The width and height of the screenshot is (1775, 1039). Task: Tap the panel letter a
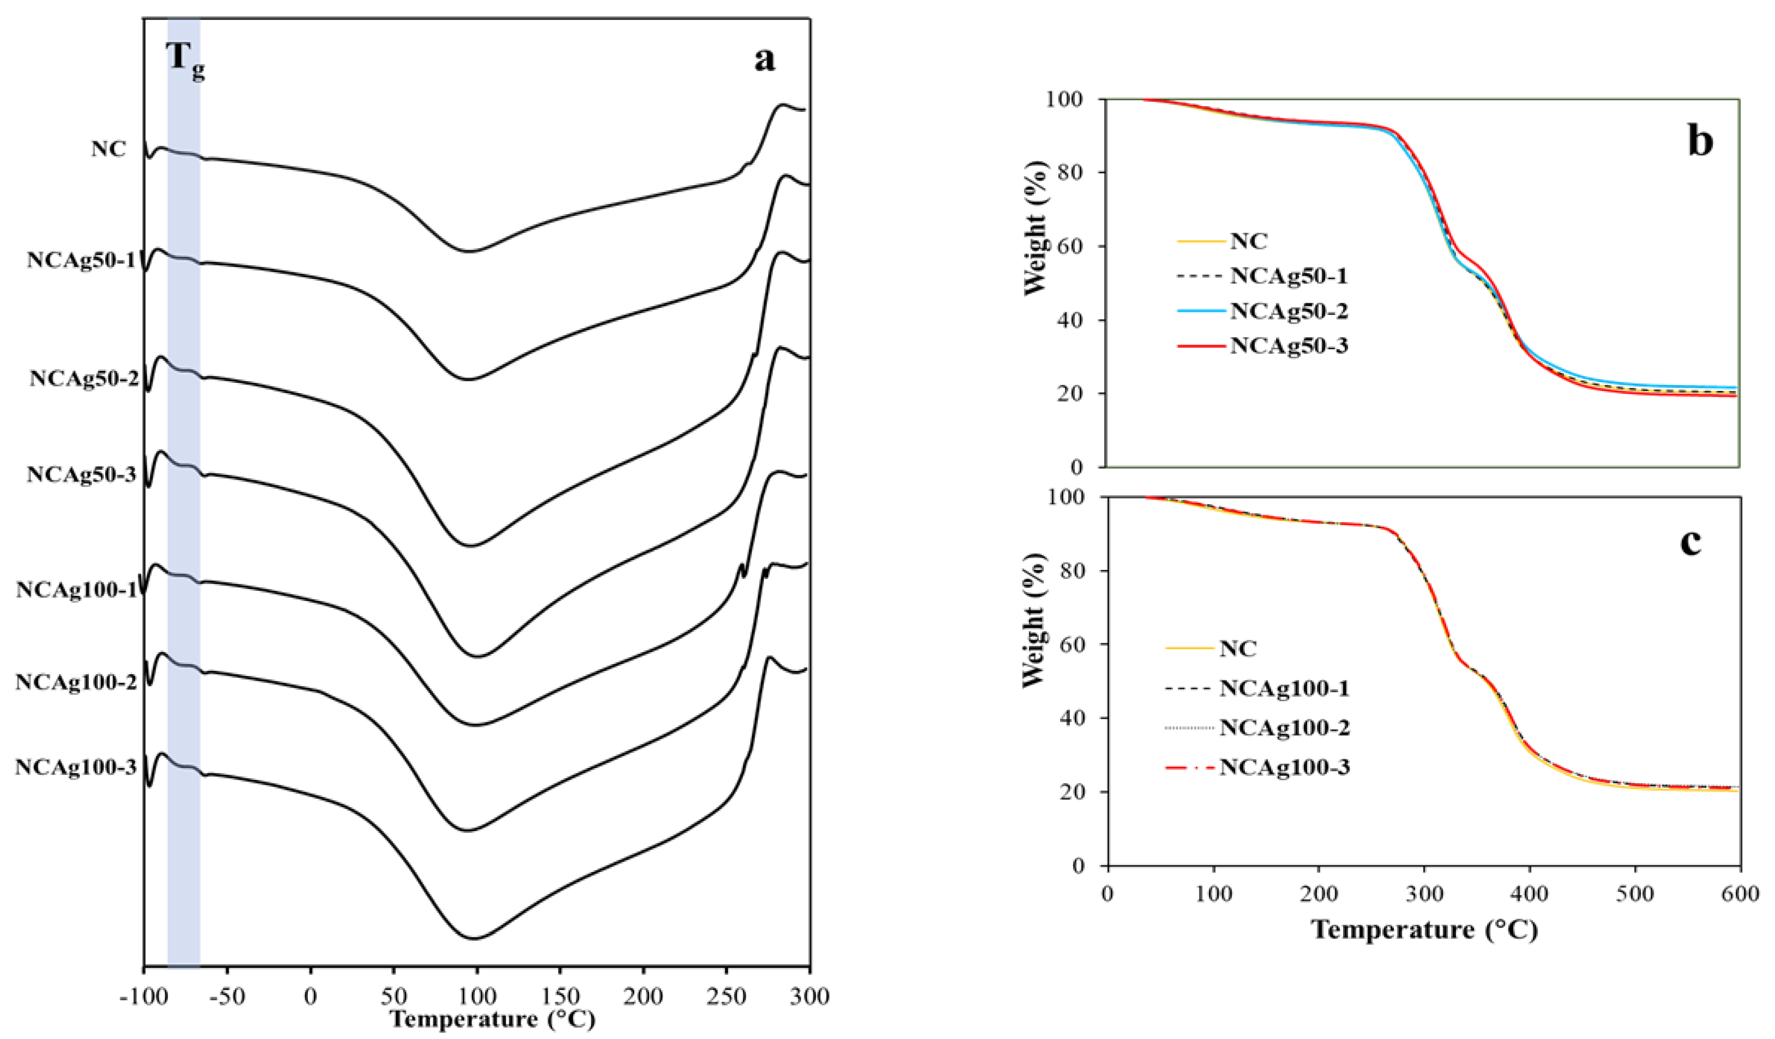[x=764, y=59]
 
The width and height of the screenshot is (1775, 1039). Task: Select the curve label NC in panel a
[x=108, y=149]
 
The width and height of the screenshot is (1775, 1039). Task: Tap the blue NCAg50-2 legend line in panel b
[x=1201, y=311]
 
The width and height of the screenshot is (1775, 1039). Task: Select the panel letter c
[x=1691, y=541]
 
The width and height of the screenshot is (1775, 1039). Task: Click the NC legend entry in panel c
[x=1237, y=648]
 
